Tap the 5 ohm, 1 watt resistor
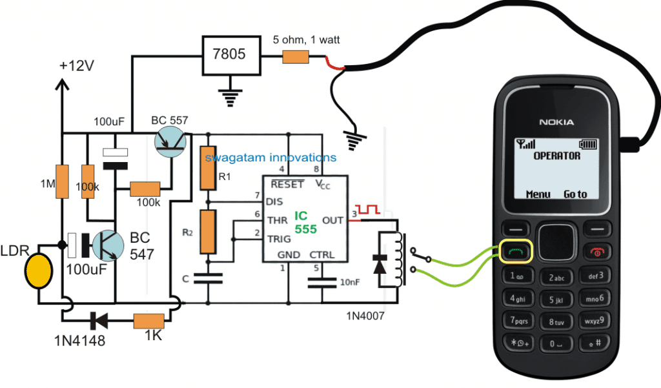297,57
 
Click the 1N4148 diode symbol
97,319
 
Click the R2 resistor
208,231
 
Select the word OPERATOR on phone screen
556,156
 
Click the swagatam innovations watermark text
271,157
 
